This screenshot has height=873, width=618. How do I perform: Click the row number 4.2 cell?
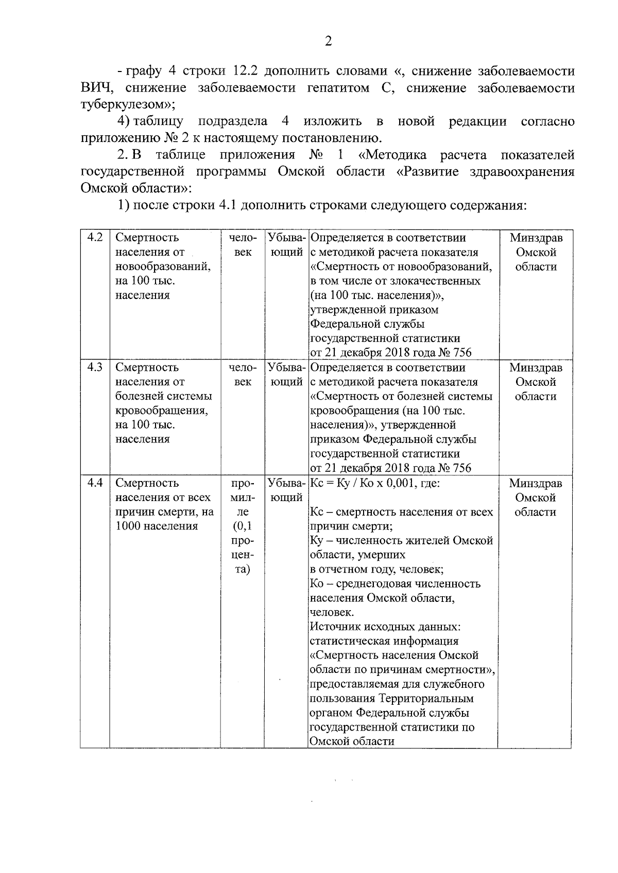[95, 238]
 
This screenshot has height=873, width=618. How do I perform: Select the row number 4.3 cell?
[95, 367]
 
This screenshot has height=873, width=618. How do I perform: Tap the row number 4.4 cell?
[95, 483]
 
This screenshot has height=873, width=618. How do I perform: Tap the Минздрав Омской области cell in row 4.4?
[536, 497]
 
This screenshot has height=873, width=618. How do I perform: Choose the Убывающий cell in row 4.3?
[286, 375]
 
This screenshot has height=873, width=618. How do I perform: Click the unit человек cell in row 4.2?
[243, 245]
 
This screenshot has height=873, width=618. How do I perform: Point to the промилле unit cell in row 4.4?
[243, 526]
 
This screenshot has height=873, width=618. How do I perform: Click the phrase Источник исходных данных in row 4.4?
[385, 627]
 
